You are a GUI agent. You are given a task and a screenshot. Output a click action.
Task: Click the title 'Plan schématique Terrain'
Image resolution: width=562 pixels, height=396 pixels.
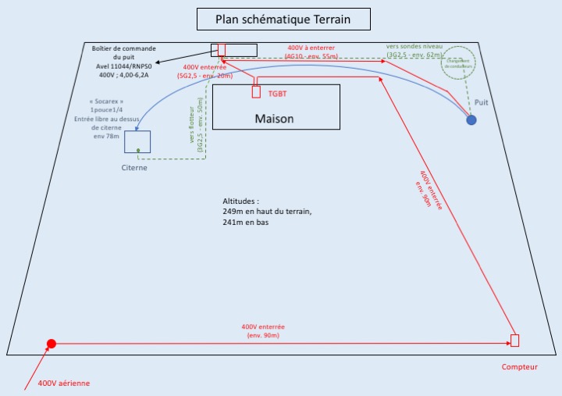pos(282,18)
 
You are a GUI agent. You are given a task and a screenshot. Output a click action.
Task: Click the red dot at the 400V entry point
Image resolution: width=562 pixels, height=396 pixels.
pos(51,344)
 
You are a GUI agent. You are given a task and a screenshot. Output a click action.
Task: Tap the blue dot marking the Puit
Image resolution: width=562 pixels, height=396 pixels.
pos(471,120)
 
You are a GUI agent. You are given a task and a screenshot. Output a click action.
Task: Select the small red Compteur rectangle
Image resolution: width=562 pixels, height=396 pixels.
pos(514,340)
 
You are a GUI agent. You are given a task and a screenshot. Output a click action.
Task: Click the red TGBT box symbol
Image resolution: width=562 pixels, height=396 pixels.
pos(255,91)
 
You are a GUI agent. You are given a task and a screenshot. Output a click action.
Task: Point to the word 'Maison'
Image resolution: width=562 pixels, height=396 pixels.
pos(275,119)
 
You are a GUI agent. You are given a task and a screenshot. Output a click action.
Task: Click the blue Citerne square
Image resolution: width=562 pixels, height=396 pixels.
pos(137,141)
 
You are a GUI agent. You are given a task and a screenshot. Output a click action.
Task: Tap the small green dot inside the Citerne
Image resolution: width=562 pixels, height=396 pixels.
pos(138,150)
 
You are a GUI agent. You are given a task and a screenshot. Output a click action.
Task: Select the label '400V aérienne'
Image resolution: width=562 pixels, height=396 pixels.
pos(64,383)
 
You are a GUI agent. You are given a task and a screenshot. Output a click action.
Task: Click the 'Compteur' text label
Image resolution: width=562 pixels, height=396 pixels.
pos(519,367)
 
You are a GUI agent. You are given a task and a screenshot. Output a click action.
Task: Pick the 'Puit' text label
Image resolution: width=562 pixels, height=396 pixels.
pos(481,102)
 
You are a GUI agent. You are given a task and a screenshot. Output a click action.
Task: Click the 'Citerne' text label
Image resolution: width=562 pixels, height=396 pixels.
pos(134,167)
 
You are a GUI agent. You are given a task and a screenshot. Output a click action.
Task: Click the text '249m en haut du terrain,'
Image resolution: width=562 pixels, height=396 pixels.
pos(267,212)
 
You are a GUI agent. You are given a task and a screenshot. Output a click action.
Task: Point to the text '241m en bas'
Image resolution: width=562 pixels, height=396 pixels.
pos(244,223)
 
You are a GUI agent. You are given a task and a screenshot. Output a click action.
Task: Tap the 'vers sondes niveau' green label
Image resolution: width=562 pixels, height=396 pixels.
pos(414,46)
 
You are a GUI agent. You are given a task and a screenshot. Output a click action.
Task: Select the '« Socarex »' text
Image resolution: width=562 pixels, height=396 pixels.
pos(106,101)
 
